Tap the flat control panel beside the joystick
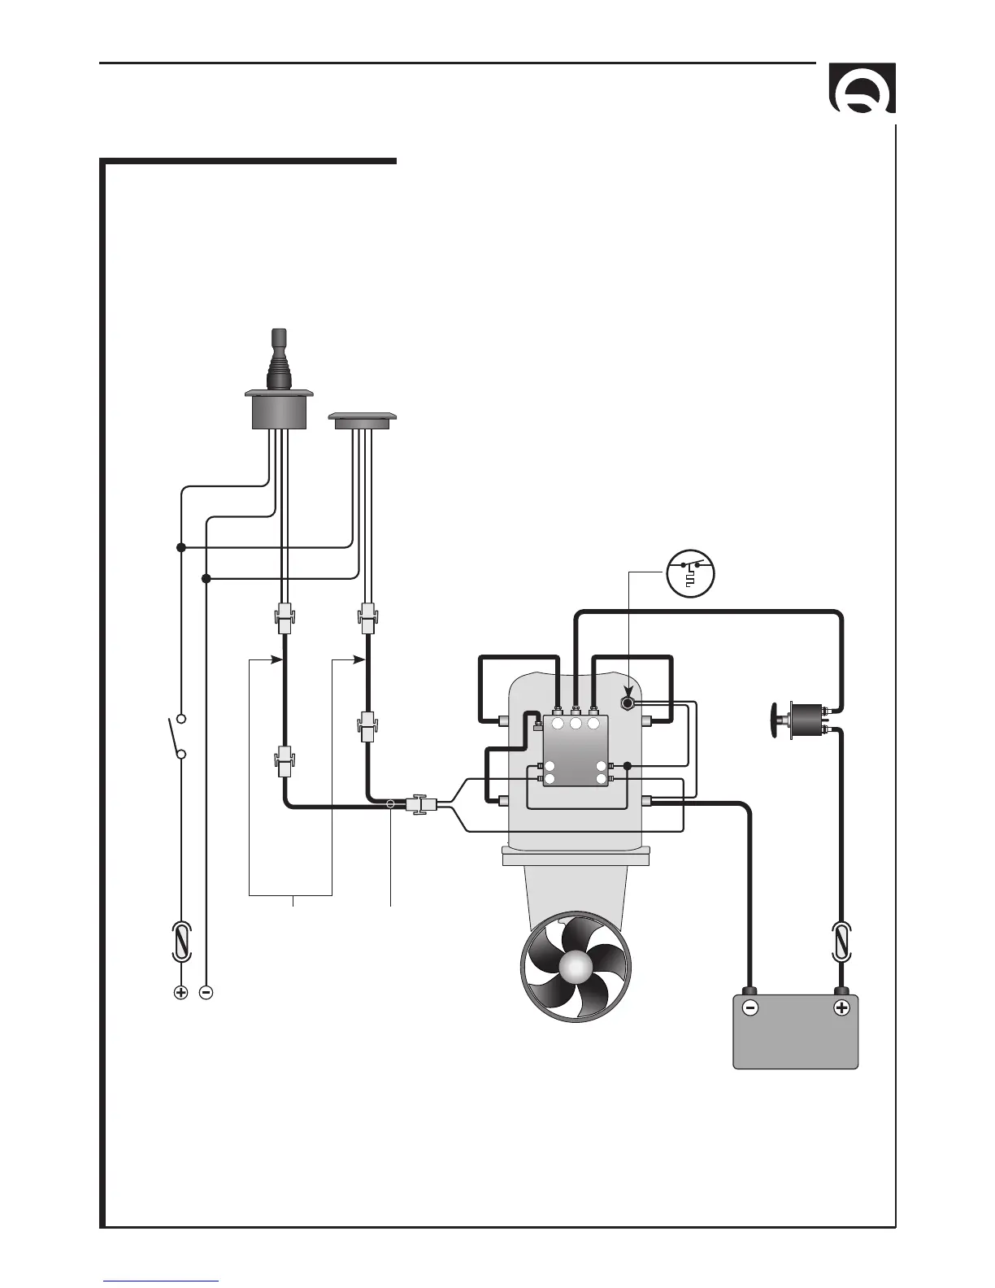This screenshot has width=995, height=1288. (362, 420)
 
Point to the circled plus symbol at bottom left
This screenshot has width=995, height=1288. (181, 992)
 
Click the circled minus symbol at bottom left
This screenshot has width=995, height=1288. (206, 992)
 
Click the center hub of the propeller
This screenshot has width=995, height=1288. (576, 966)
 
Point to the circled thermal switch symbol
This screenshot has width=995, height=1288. (690, 573)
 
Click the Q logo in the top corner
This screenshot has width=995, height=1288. (862, 89)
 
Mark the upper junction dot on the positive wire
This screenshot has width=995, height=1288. (181, 548)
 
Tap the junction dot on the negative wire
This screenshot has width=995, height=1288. (206, 579)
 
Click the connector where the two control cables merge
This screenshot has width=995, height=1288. (421, 805)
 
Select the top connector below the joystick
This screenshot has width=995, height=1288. (284, 618)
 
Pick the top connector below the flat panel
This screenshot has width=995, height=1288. (367, 618)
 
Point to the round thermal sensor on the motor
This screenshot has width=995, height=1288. (628, 702)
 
